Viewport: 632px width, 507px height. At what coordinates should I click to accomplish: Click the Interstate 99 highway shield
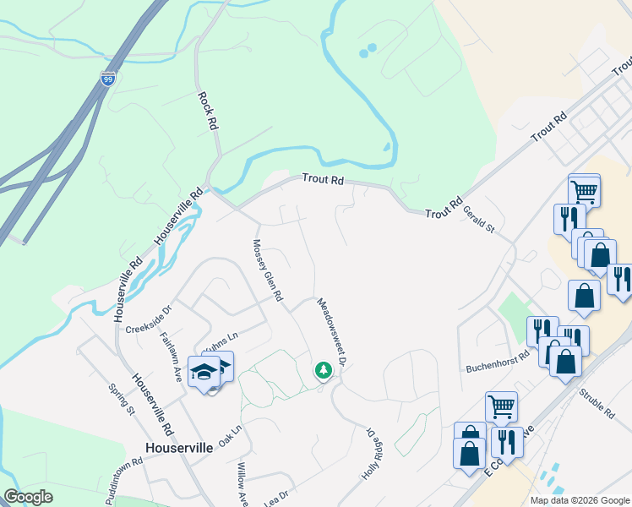(107, 79)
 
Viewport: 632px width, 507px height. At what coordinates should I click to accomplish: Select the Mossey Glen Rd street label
(266, 270)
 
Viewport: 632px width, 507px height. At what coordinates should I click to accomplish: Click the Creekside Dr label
(149, 318)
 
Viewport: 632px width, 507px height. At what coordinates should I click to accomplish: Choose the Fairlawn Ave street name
(172, 356)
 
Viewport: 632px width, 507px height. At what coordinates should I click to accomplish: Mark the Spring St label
(122, 400)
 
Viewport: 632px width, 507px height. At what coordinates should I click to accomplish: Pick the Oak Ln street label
(230, 434)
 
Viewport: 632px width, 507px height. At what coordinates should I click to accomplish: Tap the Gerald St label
(478, 222)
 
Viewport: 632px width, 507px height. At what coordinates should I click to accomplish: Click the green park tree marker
(323, 370)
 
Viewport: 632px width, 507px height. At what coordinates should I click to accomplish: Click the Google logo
(29, 497)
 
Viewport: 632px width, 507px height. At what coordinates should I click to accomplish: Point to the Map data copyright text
(579, 500)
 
